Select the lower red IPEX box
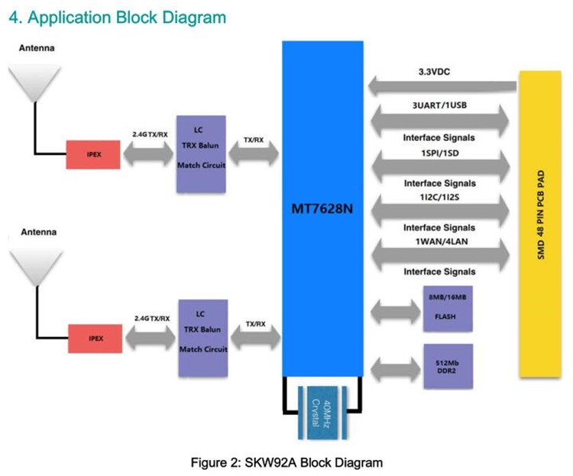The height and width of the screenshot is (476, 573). coord(94,337)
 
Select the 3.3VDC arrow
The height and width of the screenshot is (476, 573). coord(442,83)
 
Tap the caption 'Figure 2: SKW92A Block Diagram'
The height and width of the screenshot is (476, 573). coord(286,462)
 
